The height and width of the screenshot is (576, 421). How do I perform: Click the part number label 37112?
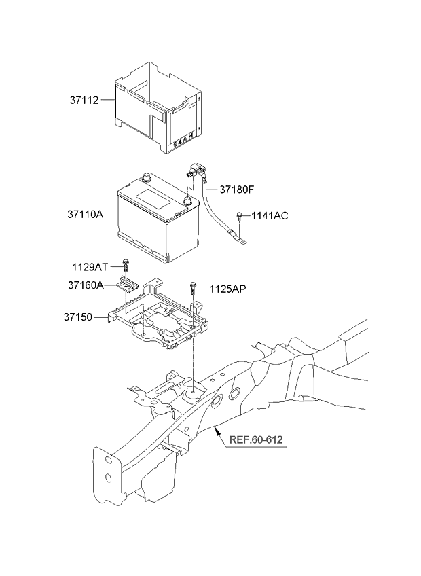[x=84, y=100]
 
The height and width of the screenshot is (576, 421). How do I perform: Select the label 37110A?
[x=86, y=214]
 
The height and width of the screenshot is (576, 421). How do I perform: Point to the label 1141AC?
[x=270, y=215]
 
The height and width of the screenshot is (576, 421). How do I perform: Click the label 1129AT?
[x=90, y=267]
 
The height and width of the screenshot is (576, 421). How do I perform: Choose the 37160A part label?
[x=86, y=285]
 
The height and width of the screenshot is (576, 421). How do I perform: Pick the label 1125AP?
[x=227, y=289]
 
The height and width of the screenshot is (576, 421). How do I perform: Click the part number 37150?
[x=78, y=317]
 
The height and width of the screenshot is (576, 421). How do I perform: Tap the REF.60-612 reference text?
[x=256, y=439]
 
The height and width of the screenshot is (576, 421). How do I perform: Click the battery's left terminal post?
[x=146, y=177]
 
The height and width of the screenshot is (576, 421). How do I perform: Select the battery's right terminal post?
[x=187, y=201]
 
